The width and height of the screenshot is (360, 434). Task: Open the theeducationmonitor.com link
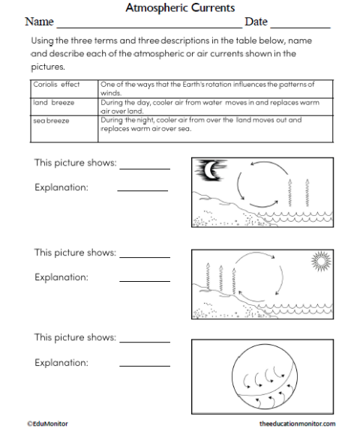297,424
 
